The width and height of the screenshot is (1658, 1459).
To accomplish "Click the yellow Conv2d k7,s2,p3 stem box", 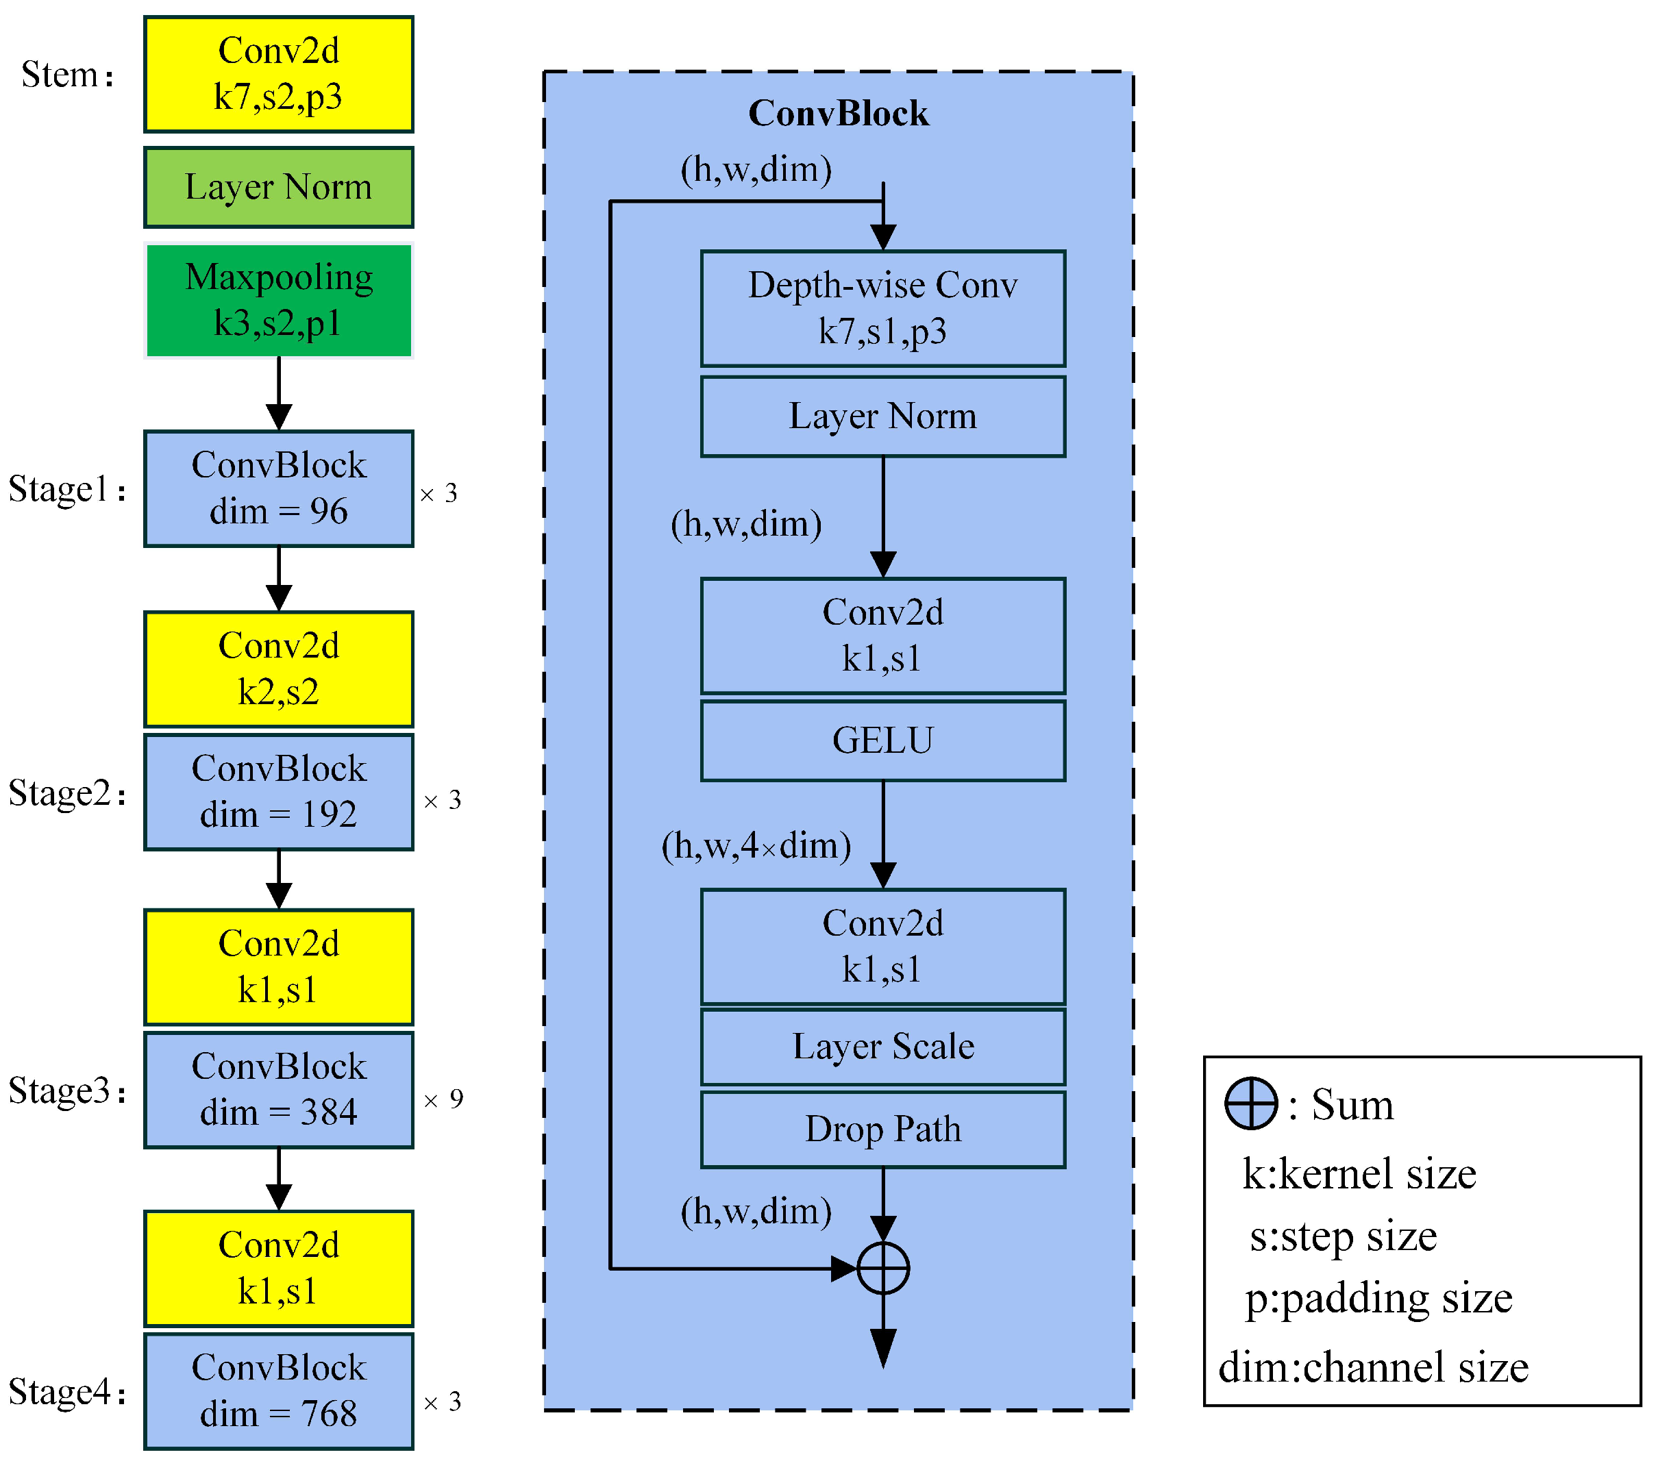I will click(278, 74).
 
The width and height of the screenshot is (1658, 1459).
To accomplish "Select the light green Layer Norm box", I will click(278, 188).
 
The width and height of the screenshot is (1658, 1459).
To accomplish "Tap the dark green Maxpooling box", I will click(278, 300).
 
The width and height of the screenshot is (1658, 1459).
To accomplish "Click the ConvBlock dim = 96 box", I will click(278, 488).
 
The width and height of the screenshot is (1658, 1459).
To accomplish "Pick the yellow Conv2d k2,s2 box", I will click(278, 669).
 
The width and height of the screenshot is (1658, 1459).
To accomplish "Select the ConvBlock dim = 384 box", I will click(278, 1089).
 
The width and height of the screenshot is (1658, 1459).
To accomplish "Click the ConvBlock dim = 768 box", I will click(278, 1391).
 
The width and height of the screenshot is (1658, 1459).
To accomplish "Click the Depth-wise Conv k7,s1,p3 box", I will click(882, 308).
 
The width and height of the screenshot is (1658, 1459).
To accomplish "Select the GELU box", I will click(882, 740).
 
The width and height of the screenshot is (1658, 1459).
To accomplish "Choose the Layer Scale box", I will click(882, 1046).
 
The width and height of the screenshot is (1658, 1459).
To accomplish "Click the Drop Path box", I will click(882, 1129).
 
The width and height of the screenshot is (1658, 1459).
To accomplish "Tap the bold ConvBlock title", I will click(838, 114).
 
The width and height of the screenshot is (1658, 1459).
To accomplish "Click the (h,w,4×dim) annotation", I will click(756, 846).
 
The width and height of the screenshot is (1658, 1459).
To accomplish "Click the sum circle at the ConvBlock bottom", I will click(882, 1269).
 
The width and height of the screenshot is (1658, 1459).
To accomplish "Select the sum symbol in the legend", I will click(1251, 1103).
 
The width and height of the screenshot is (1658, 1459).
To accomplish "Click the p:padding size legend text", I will click(1378, 1299).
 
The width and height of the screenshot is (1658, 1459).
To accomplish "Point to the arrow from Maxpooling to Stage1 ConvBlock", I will click(278, 394).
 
